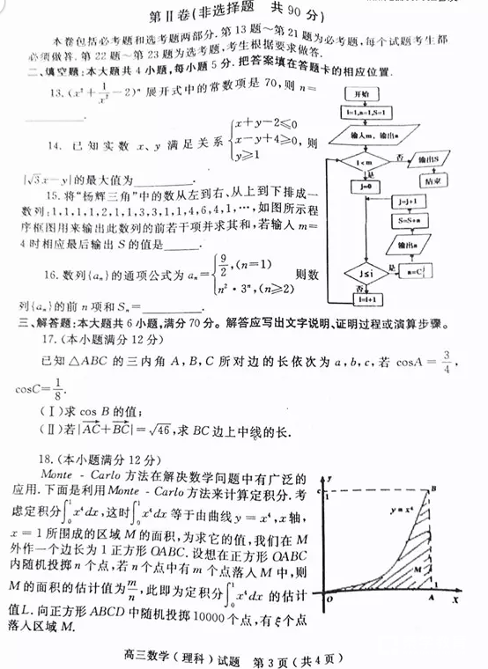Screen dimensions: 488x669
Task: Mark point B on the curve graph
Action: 433,489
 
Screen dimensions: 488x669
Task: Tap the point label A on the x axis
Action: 431,600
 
